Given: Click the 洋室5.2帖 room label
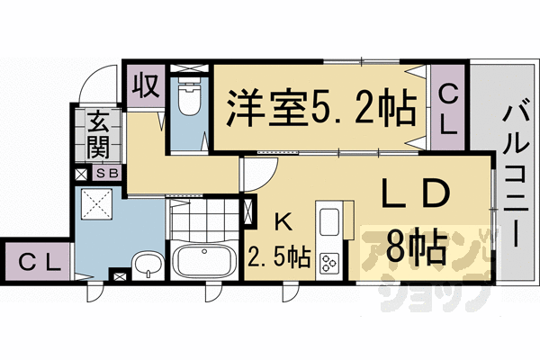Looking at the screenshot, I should click(319, 108).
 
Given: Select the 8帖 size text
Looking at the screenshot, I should click(415, 243).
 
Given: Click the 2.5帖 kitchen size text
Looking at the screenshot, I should click(279, 259).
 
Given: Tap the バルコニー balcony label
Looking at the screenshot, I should click(514, 175).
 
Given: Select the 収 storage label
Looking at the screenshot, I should click(144, 87).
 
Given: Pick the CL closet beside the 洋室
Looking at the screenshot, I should click(448, 109).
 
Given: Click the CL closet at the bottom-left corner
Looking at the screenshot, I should click(37, 263).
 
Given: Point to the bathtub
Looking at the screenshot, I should click(203, 262).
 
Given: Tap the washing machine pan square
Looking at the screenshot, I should click(96, 208).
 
